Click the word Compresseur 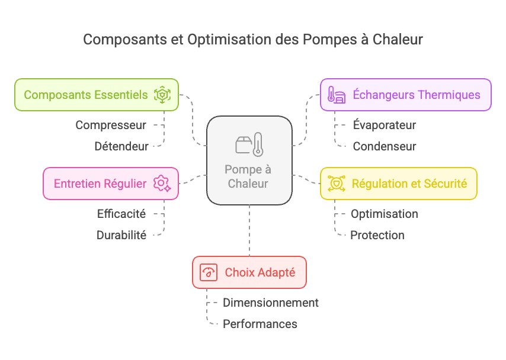[111, 125]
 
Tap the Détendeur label [121, 146]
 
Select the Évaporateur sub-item [385, 125]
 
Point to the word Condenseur [385, 146]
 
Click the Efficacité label [121, 214]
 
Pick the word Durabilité [121, 235]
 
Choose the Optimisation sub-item [385, 214]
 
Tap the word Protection [377, 235]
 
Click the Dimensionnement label [270, 303]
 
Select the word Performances [260, 324]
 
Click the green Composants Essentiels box [97, 95]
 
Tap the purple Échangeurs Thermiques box [406, 95]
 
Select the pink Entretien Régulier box [111, 184]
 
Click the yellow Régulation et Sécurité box [399, 184]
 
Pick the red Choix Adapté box [249, 272]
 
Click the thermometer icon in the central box [258, 144]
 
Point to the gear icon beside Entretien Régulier [162, 184]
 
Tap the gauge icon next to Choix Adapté [209, 272]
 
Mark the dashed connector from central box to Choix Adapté [249, 230]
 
